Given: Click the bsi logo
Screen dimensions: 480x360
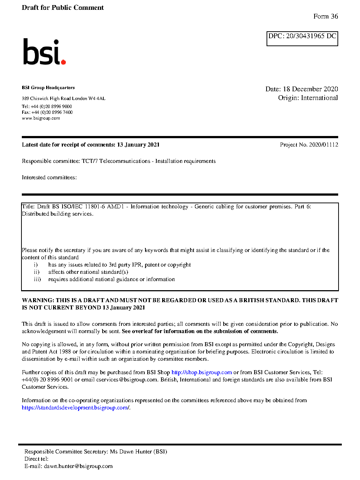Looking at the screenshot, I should point(44,52).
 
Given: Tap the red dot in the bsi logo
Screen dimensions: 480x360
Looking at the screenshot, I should point(64,62).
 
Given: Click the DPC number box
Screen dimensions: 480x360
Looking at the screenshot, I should point(302,39).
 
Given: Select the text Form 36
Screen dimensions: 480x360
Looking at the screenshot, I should point(325,16).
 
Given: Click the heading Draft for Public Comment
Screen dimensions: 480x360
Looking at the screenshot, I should point(63,8).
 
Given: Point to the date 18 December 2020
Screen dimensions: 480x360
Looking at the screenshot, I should point(310,89).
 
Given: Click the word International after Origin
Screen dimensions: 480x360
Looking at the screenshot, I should point(319,98).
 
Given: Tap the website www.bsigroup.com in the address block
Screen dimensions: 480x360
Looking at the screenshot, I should point(41,118).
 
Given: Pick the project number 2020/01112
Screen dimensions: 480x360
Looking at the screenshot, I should point(323,145).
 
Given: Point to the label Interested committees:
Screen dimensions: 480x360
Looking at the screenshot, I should point(49,177).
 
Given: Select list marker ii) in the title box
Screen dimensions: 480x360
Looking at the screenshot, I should point(37,272).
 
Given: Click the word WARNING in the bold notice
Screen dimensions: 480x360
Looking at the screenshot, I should point(38,300).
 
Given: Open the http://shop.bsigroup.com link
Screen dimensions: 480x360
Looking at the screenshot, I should point(201,372).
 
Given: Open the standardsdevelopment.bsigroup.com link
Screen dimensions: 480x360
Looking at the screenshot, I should point(75,408).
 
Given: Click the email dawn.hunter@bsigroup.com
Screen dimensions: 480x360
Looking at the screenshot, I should point(78,466).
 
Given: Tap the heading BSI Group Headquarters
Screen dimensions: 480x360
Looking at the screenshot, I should point(48,88).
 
